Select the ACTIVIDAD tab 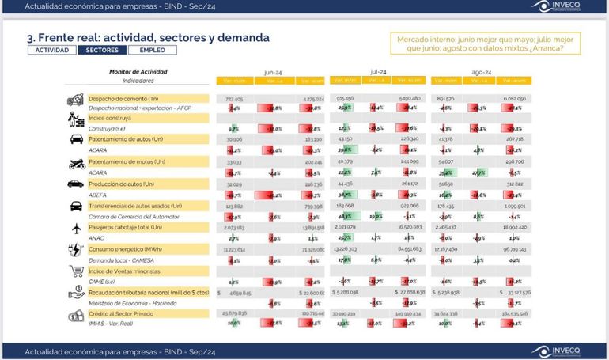(x=51, y=50)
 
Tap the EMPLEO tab (x=152, y=50)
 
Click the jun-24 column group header (x=274, y=71)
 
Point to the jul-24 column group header (x=378, y=71)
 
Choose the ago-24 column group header (x=482, y=71)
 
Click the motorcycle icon (x=77, y=164)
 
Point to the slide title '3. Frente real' (x=148, y=36)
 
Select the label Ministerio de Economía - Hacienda (x=133, y=302)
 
